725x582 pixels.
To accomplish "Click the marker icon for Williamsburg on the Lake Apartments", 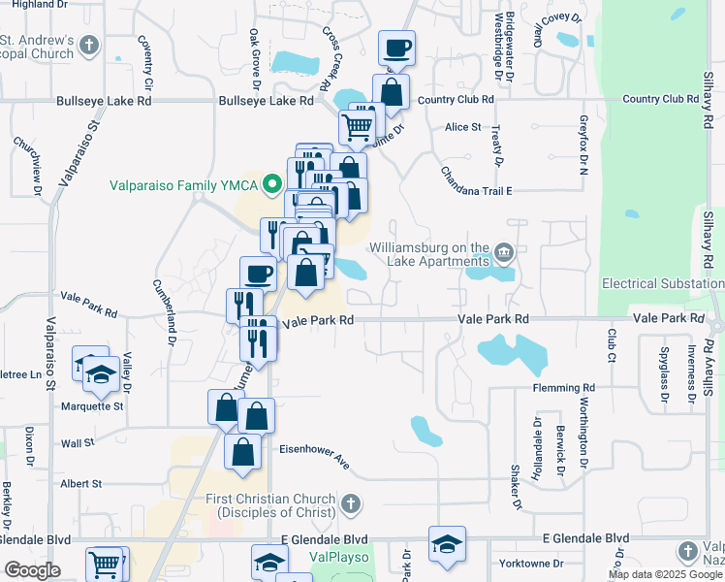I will click(504, 254).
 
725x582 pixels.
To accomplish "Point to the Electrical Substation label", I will click(662, 283).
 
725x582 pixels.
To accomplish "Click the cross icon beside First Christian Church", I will click(351, 503).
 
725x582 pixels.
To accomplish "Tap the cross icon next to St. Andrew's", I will click(89, 46).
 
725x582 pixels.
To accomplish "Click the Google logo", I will click(32, 570).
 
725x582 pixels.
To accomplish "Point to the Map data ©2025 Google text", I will click(665, 574).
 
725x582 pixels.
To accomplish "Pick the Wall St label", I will click(76, 442).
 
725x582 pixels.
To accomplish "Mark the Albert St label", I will click(81, 483).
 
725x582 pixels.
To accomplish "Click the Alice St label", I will click(462, 127).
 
